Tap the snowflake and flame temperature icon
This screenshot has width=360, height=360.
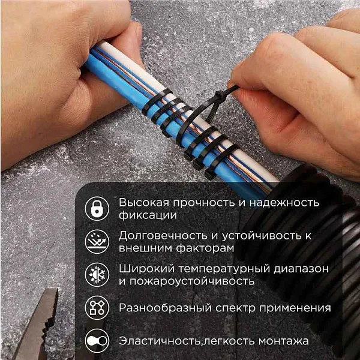96,274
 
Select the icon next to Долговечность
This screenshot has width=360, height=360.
96,241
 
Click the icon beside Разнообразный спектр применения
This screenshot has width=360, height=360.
96,308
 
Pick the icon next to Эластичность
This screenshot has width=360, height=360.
96,341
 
